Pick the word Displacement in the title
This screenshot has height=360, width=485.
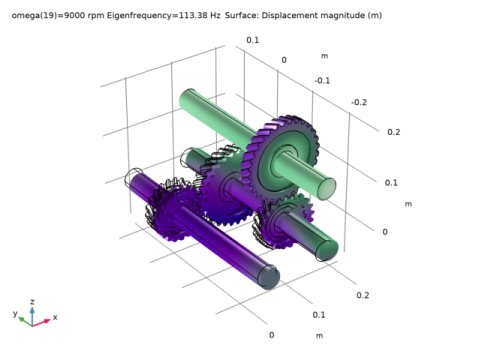(286, 15)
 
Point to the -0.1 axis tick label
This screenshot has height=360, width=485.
(323, 80)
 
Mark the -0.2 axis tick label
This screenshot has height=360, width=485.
(358, 102)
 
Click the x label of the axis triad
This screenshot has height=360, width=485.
(55, 317)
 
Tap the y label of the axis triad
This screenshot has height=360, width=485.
(16, 313)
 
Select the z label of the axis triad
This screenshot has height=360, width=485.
(33, 300)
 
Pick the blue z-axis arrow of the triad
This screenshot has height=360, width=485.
(33, 312)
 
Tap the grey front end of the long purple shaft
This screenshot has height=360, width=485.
(267, 277)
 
